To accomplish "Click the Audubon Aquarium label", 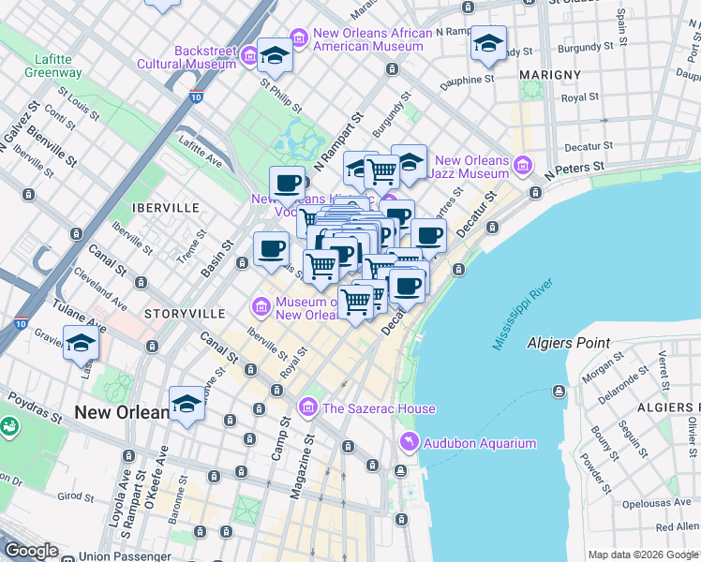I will click(x=480, y=443).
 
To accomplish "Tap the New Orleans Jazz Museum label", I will click(x=471, y=167).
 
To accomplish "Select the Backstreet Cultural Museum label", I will click(x=186, y=56).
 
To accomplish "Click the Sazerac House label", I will click(x=379, y=408).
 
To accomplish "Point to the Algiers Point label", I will click(x=568, y=343).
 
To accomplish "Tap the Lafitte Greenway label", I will click(x=53, y=66).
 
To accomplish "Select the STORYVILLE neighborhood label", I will click(x=185, y=312).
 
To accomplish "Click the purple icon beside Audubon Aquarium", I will click(x=409, y=442).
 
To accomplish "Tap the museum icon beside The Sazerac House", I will click(x=307, y=407).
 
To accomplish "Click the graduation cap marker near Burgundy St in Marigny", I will click(x=488, y=44).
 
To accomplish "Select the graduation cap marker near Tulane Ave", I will click(x=82, y=343).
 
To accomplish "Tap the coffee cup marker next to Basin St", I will click(x=271, y=249).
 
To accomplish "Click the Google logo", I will click(x=31, y=552).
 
